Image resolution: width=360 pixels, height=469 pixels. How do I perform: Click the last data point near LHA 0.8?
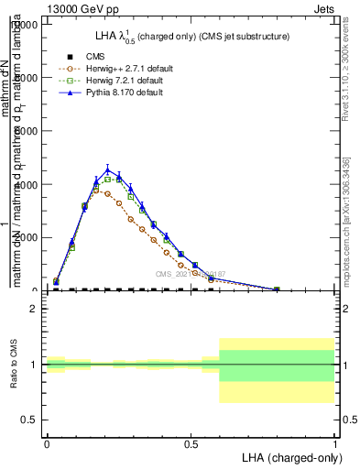(x=277, y=289)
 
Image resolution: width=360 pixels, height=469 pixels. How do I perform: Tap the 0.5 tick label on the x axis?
(x=191, y=442)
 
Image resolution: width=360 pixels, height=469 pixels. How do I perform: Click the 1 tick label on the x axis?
(x=335, y=442)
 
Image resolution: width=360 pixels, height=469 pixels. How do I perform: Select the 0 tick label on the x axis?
(x=47, y=442)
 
